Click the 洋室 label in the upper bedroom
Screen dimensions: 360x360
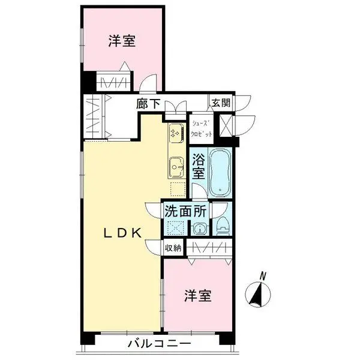pos(121,41)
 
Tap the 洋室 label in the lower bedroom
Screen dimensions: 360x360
pos(197,296)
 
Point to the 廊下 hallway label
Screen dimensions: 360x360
pos(148,104)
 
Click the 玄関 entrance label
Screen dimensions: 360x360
pos(219,102)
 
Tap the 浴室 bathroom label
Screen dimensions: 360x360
pos(199,167)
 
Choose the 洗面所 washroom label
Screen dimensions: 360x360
pos(187,211)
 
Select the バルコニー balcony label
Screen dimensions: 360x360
pos(159,344)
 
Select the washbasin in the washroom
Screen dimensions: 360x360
pos(200,228)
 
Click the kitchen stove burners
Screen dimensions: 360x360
pos(175,133)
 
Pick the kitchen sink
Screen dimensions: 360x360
pos(176,164)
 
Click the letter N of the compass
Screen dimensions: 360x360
pos(262,275)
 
